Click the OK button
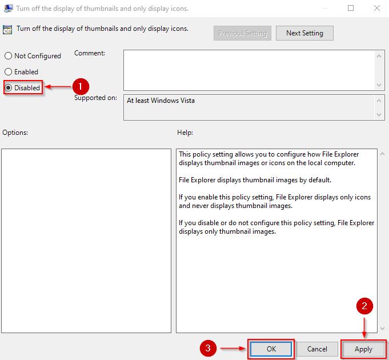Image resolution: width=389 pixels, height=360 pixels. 271,349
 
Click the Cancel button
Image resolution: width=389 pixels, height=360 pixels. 317,349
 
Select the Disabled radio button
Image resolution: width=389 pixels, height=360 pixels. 9,88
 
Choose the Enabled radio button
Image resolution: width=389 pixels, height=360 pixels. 9,72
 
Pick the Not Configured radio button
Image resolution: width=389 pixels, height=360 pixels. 9,56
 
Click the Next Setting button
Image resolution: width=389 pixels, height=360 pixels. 304,33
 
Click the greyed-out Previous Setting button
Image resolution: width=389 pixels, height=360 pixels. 242,33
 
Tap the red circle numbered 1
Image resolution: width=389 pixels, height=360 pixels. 80,87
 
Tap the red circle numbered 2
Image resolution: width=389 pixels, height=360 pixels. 365,307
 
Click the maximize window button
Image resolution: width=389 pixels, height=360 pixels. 350,8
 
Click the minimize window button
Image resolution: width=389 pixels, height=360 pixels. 325,8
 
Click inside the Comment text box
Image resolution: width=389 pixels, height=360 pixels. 249,70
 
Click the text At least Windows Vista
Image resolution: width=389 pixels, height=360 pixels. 161,101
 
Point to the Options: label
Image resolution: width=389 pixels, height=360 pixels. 15,133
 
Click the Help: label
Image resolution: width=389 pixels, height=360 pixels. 185,133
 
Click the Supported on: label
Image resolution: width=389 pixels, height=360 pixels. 95,98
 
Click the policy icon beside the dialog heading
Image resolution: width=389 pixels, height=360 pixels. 7,29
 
